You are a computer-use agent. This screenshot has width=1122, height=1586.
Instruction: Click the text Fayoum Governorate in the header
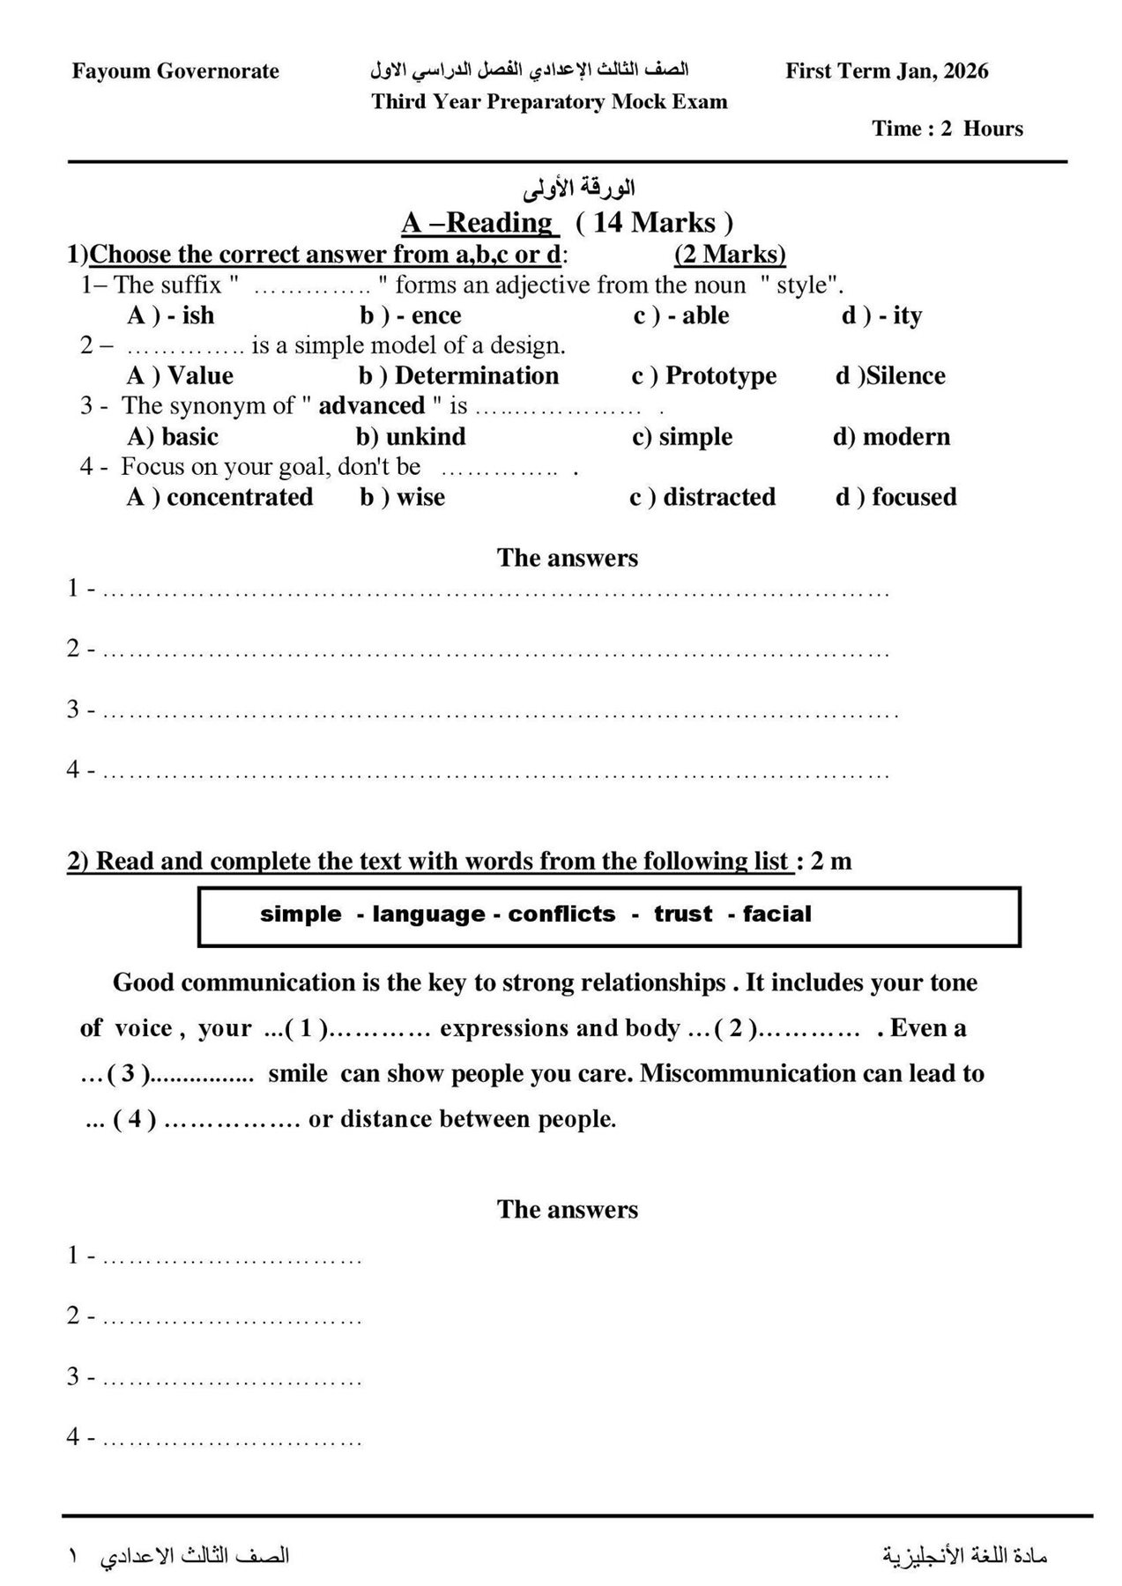(175, 71)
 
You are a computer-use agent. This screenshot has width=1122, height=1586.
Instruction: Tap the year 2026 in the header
(966, 71)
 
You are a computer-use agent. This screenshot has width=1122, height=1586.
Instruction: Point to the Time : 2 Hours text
(947, 129)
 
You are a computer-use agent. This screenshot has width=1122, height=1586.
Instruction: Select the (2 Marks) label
(730, 255)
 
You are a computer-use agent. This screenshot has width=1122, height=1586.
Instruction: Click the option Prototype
(721, 375)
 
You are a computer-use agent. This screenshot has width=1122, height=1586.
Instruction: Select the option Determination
(477, 375)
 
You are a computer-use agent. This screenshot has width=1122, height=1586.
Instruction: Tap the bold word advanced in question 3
(372, 406)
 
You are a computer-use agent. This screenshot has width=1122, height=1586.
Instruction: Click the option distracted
(719, 497)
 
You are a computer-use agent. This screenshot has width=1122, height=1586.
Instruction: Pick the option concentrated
(240, 497)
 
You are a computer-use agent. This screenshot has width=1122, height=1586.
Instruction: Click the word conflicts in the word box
(561, 914)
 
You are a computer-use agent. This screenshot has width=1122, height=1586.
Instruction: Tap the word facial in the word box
(776, 914)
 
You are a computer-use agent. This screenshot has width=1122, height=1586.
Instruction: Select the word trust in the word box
(683, 914)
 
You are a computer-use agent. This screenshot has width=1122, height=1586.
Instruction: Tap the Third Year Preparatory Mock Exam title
(549, 102)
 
